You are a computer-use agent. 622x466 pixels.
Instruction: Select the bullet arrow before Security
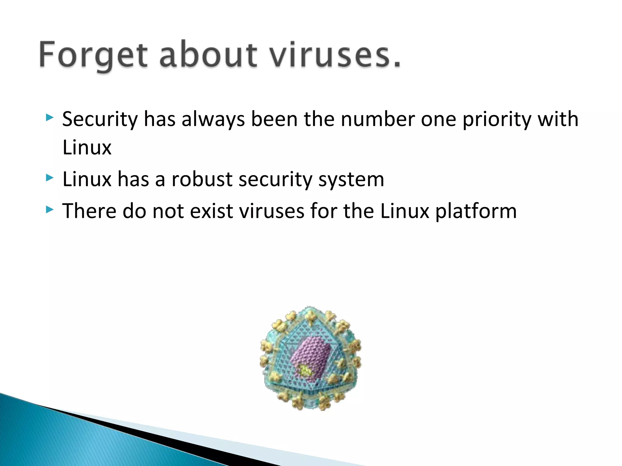coord(50,117)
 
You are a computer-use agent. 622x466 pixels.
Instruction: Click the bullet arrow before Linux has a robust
coord(50,178)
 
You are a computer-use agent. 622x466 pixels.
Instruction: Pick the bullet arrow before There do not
coord(50,209)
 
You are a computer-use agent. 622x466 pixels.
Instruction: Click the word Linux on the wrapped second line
coord(87,148)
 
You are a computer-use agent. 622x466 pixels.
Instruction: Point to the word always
coord(213,120)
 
